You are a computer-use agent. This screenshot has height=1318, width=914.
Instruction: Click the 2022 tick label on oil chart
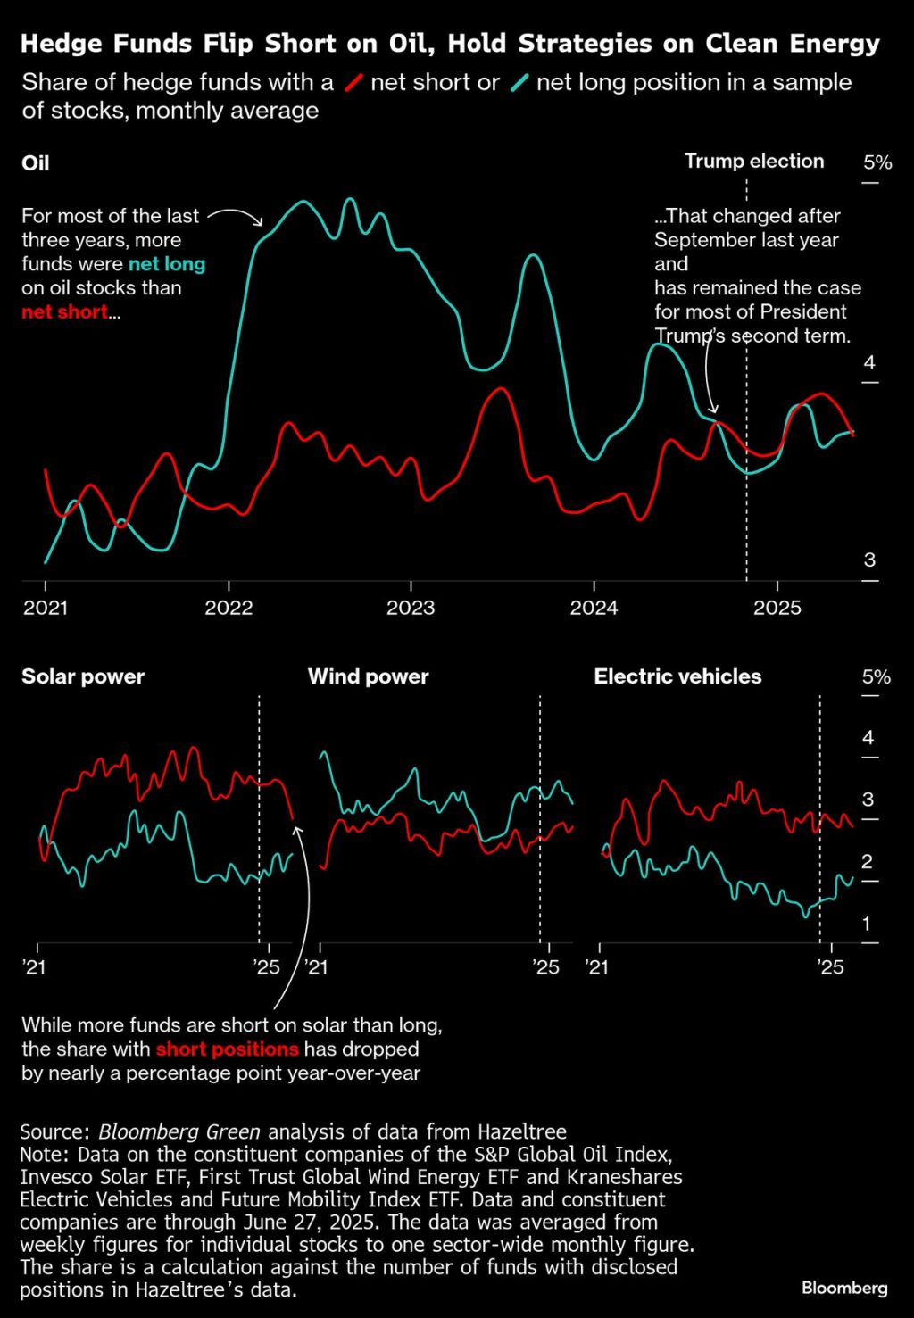pyautogui.click(x=228, y=608)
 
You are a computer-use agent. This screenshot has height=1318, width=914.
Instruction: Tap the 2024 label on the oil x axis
pyautogui.click(x=594, y=608)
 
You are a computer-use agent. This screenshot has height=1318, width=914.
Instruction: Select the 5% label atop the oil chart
pyautogui.click(x=877, y=162)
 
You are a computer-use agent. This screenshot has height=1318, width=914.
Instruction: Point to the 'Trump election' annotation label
pyautogui.click(x=754, y=162)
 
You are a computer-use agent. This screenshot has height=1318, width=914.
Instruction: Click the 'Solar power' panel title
pyautogui.click(x=83, y=676)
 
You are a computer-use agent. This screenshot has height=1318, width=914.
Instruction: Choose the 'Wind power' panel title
pyautogui.click(x=368, y=676)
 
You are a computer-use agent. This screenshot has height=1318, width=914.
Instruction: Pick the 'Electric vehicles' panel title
pyautogui.click(x=677, y=676)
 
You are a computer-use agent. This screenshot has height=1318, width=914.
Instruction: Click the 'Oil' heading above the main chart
pyautogui.click(x=36, y=163)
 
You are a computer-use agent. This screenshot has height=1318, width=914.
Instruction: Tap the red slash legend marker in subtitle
pyautogui.click(x=353, y=83)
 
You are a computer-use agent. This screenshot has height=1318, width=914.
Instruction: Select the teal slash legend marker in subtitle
pyautogui.click(x=519, y=83)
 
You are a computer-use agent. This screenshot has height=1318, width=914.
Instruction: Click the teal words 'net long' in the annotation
pyautogui.click(x=167, y=264)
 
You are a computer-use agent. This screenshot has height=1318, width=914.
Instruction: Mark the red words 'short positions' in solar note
pyautogui.click(x=227, y=1049)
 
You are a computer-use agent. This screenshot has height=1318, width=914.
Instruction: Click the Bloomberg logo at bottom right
pyautogui.click(x=844, y=1288)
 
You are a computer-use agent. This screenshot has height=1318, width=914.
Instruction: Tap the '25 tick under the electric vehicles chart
pyautogui.click(x=831, y=967)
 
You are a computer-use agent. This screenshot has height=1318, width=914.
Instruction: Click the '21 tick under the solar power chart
pyautogui.click(x=35, y=967)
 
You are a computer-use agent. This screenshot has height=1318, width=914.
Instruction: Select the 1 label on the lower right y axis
pyautogui.click(x=866, y=924)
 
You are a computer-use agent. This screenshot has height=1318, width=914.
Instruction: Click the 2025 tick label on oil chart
pyautogui.click(x=777, y=608)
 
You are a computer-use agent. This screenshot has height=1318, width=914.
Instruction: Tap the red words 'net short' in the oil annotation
pyautogui.click(x=64, y=312)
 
